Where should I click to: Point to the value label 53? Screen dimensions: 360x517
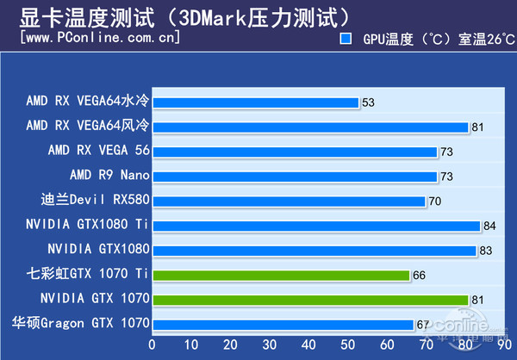pos(369,102)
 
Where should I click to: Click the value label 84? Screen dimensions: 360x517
pos(489,226)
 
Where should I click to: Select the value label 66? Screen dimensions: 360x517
pos(419,276)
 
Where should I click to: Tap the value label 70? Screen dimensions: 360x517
pos(435,202)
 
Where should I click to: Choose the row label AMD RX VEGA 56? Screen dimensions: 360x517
pos(99,151)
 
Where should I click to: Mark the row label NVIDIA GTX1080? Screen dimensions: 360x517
pos(99,250)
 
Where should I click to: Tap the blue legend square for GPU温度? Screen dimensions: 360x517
pos(346,40)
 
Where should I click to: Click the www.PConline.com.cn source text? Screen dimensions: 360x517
pos(99,38)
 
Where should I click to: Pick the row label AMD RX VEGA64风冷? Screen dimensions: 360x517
pos(88,126)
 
